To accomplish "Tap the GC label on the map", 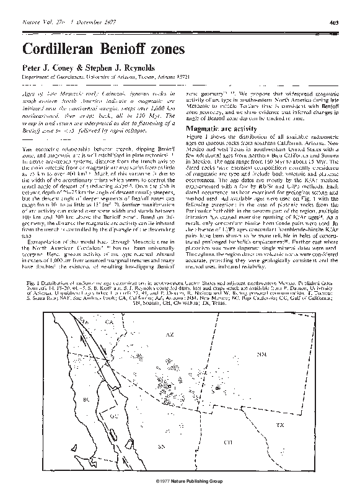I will [113, 416].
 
